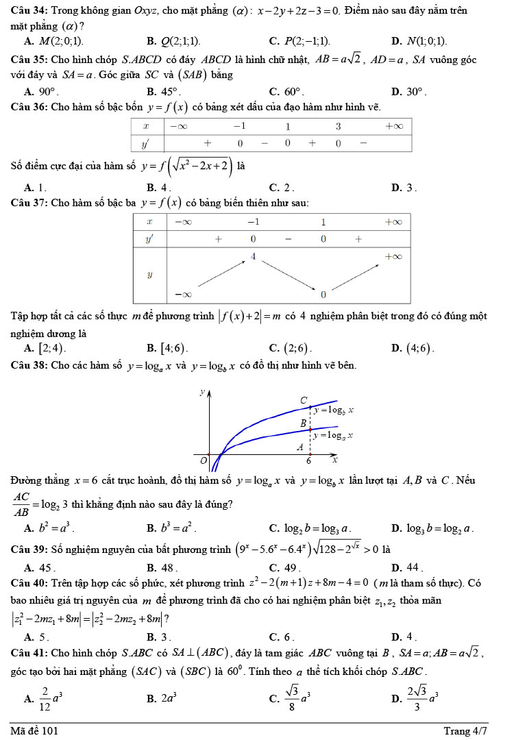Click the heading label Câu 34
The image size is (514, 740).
[29, 12]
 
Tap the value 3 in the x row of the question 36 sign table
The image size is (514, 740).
[338, 126]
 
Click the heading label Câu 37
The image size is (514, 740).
[29, 203]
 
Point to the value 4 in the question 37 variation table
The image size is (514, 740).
[253, 256]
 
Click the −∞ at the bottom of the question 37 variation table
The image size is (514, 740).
[182, 294]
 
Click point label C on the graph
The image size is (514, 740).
[304, 399]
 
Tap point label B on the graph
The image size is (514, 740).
[304, 423]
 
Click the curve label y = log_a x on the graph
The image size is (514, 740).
[333, 435]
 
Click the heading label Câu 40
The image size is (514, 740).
[29, 583]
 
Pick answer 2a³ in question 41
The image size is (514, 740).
[169, 698]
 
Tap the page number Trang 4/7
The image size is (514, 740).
[465, 730]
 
